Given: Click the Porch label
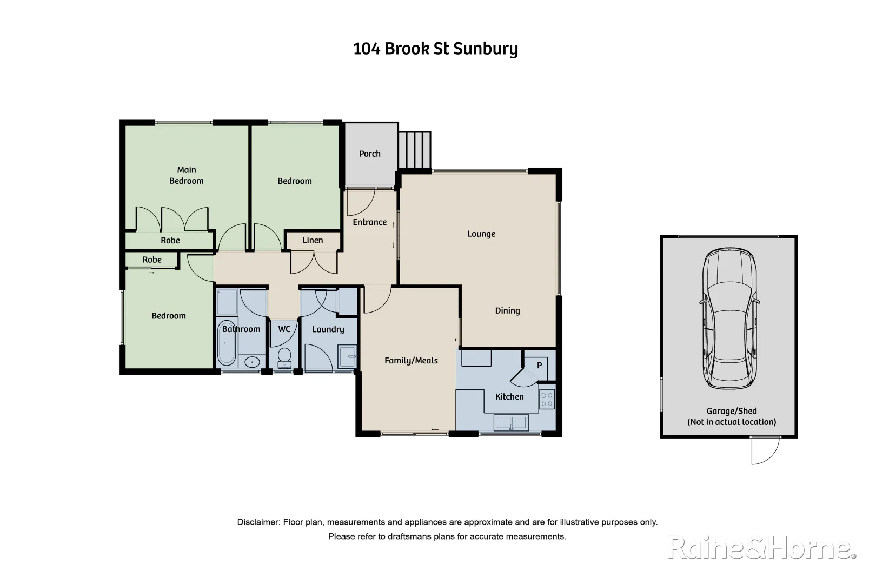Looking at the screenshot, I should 369,154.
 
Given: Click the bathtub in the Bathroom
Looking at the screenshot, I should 227,343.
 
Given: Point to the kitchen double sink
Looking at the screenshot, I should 511,422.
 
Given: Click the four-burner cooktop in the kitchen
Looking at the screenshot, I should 547,400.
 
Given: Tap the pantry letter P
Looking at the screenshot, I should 539,366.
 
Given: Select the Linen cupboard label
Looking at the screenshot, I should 313,240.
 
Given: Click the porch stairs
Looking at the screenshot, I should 415,150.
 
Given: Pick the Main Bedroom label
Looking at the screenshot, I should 187,175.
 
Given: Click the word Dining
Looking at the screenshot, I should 507,310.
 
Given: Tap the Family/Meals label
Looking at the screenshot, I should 411,360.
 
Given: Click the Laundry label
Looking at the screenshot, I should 328,329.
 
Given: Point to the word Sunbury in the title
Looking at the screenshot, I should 485,49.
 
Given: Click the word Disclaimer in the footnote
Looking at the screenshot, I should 258,522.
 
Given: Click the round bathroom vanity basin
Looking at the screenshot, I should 251,362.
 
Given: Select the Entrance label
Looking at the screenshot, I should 369,222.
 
